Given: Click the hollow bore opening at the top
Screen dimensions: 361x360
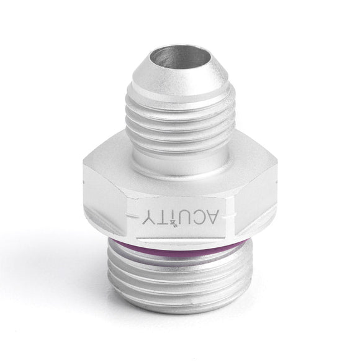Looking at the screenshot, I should pos(180,58).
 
